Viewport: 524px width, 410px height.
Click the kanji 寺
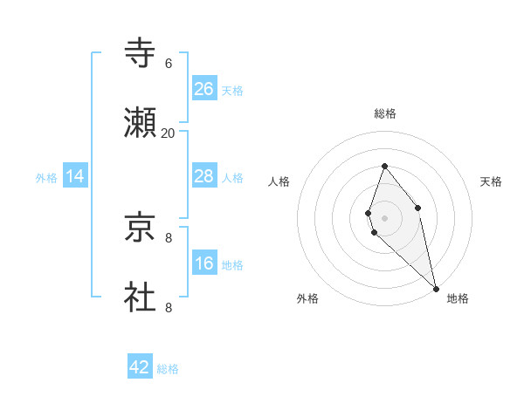pyautogui.click(x=140, y=53)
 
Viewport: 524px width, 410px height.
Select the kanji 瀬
pyautogui.click(x=140, y=123)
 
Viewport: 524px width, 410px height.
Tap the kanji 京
pyautogui.click(x=140, y=228)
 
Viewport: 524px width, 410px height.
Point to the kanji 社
pyautogui.click(x=140, y=297)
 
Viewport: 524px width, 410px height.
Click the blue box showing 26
pyautogui.click(x=204, y=89)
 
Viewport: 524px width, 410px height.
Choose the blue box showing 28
pyautogui.click(x=204, y=176)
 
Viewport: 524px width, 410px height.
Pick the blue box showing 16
pyautogui.click(x=204, y=263)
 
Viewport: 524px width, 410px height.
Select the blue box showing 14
pyautogui.click(x=76, y=176)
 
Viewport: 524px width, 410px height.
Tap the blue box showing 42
pyautogui.click(x=140, y=367)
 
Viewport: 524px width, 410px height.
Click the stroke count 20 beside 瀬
pyautogui.click(x=168, y=133)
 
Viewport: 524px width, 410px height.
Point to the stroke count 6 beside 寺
pyautogui.click(x=168, y=64)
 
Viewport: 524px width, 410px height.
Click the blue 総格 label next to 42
pyautogui.click(x=168, y=369)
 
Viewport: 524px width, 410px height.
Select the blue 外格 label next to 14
pyautogui.click(x=46, y=178)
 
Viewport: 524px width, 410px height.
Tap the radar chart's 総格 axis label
pyautogui.click(x=385, y=113)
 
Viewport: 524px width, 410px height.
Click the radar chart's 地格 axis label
pyautogui.click(x=458, y=298)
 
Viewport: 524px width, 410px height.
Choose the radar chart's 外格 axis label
pyautogui.click(x=307, y=298)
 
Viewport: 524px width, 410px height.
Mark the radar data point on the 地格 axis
pyautogui.click(x=436, y=289)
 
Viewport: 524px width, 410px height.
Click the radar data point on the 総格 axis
pyautogui.click(x=384, y=166)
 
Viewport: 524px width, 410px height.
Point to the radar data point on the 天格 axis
pyautogui.click(x=417, y=208)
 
